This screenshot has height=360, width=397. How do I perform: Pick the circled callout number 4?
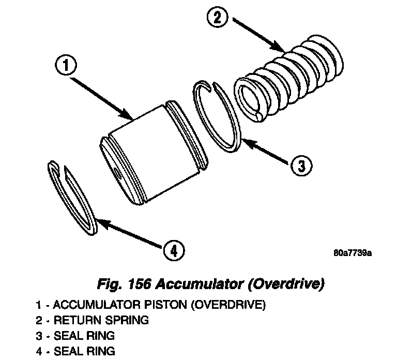click(x=174, y=250)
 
